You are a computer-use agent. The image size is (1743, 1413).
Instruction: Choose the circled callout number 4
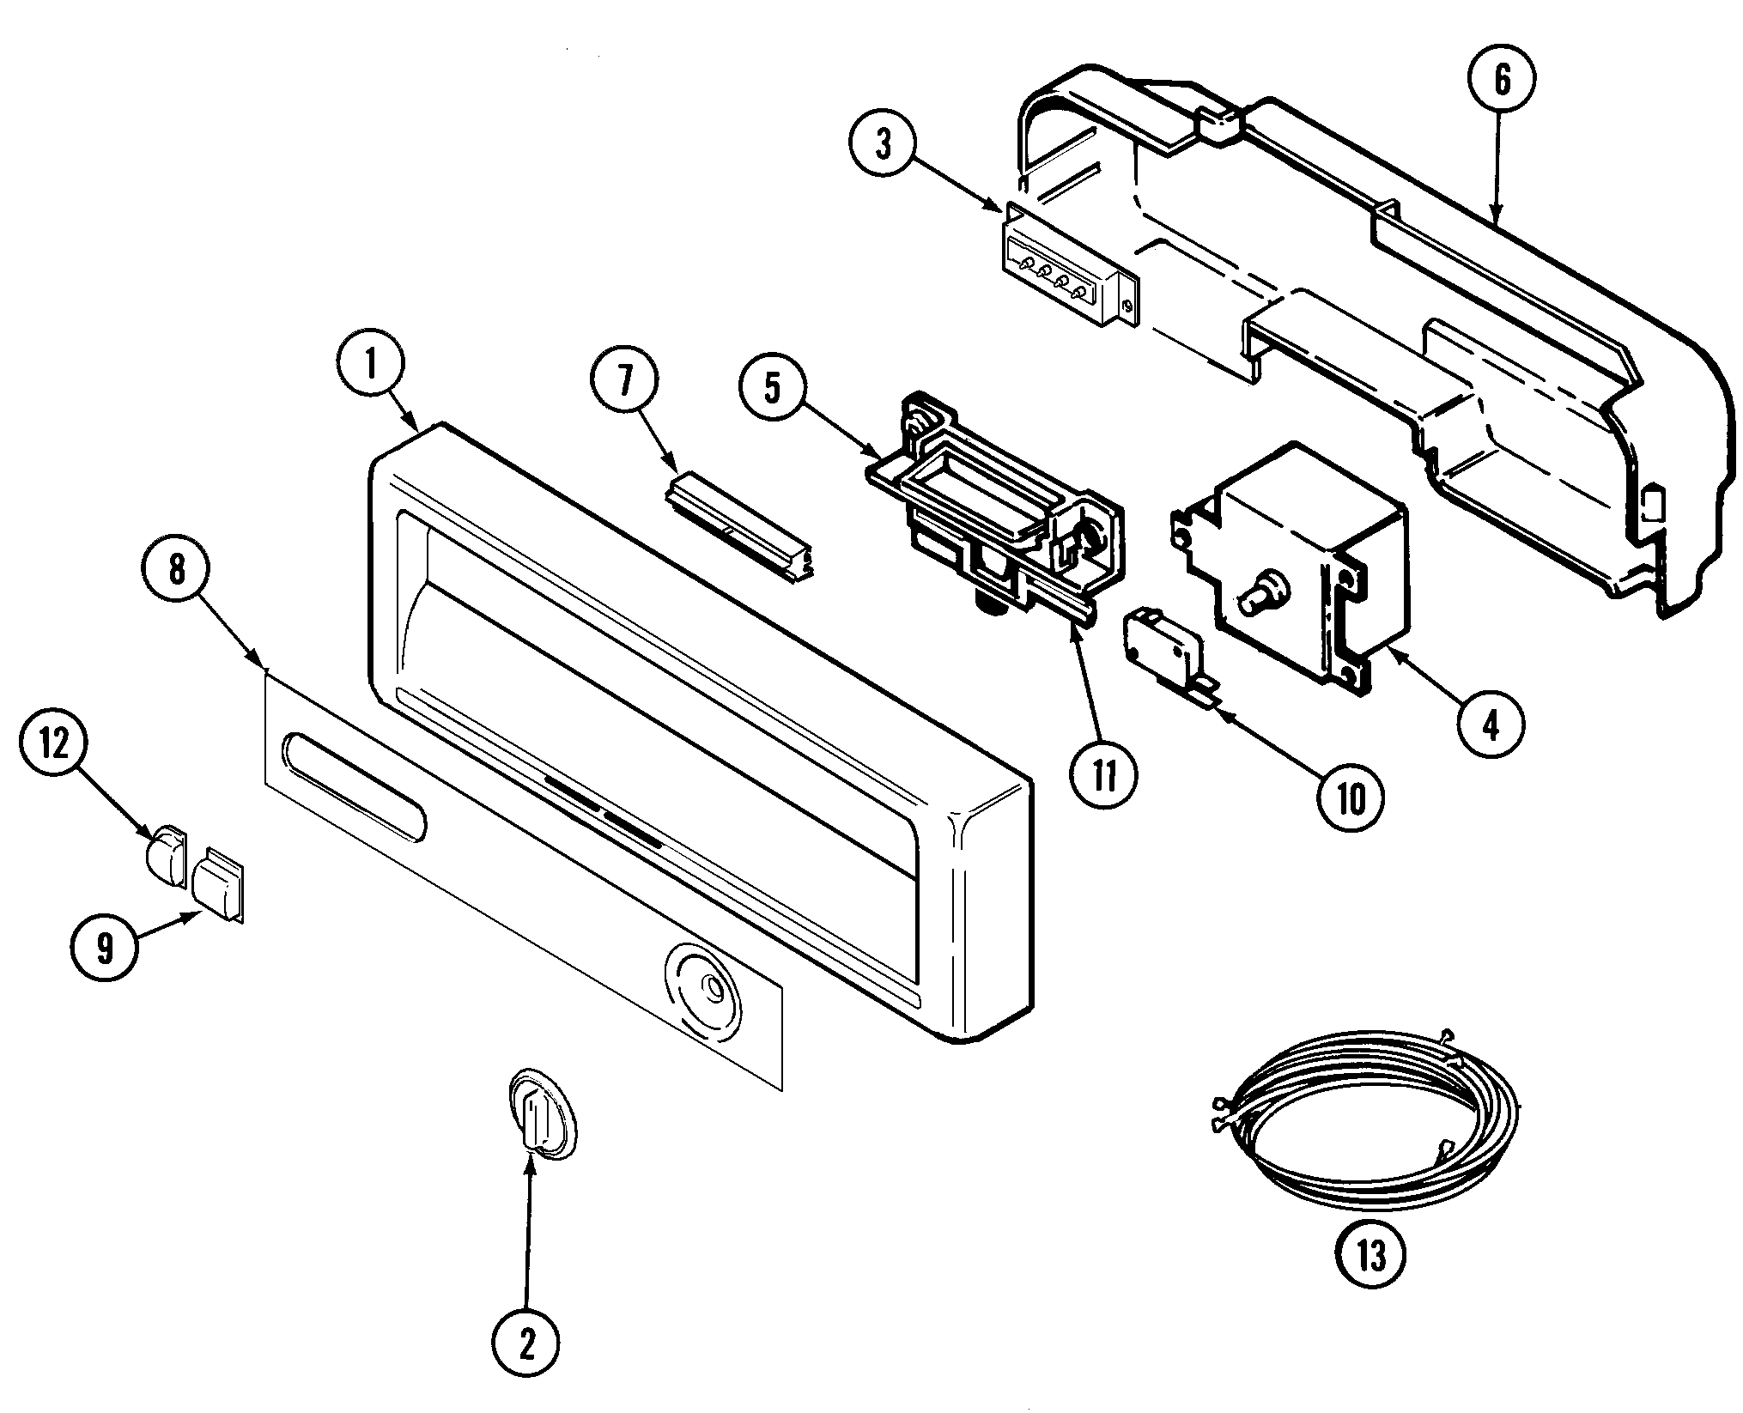point(1491,727)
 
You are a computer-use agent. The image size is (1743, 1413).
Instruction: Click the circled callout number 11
point(1103,775)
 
